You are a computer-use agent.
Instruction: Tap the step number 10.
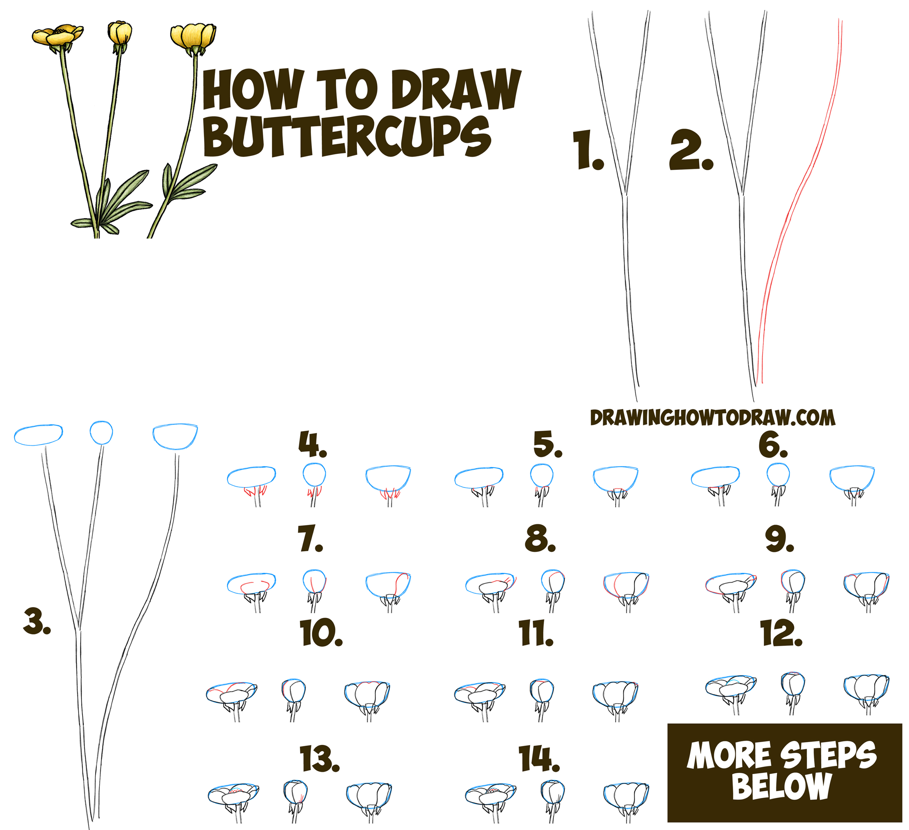(x=321, y=633)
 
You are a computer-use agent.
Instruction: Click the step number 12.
(x=781, y=633)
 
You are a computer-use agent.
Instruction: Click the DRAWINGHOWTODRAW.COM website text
(x=712, y=418)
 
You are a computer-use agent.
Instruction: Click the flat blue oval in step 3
(x=38, y=435)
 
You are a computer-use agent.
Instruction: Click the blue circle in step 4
(x=314, y=474)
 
